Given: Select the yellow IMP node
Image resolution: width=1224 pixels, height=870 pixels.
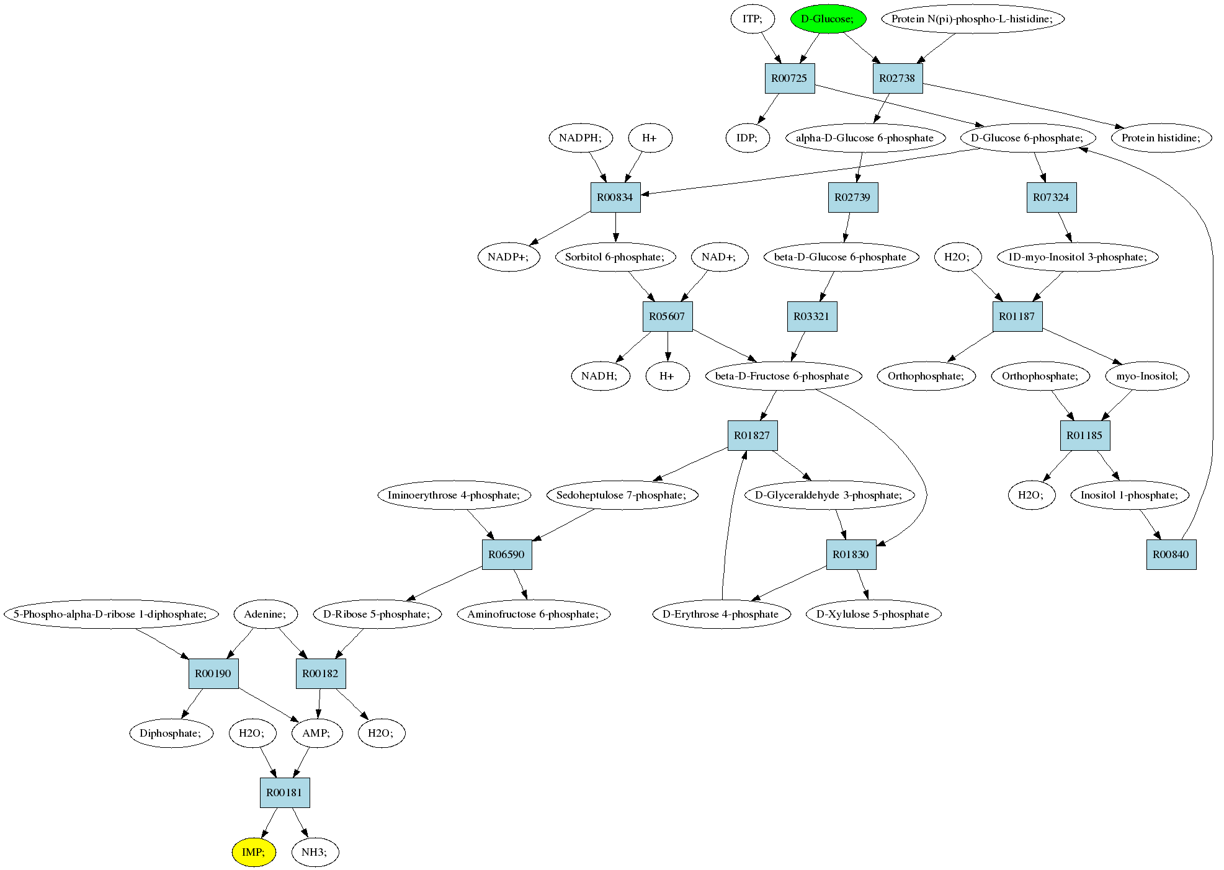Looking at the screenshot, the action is click(254, 852).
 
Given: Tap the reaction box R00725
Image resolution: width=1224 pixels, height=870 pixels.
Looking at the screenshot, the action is click(789, 78).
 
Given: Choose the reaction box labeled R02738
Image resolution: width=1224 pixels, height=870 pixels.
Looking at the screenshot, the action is click(898, 78).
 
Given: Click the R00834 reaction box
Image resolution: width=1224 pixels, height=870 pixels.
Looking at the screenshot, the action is click(615, 197).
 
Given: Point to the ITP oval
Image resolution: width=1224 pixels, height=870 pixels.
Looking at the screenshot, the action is click(752, 19).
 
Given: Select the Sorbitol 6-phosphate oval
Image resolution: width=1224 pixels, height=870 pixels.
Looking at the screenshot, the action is click(615, 257).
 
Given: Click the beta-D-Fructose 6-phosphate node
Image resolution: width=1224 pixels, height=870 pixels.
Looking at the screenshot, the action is click(782, 376).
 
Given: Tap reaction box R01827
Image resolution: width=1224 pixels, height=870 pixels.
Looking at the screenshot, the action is click(753, 435).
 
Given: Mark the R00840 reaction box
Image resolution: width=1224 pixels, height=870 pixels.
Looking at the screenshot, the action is click(1171, 554).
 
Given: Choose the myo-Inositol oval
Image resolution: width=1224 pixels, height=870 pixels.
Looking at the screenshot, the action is click(1147, 376).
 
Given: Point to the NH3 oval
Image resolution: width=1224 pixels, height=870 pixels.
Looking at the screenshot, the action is click(315, 852).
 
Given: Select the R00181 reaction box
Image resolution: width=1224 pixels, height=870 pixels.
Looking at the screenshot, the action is click(285, 792).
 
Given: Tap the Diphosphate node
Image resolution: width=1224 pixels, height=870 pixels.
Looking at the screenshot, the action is click(171, 733).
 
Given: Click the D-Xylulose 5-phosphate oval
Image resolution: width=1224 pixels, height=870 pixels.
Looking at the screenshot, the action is click(873, 614).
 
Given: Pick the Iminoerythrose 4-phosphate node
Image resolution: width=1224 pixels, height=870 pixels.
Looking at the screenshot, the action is click(453, 495).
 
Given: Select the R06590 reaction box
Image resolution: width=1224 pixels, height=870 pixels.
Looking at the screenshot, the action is click(507, 554).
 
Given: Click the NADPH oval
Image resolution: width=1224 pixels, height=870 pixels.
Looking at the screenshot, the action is click(581, 138).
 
